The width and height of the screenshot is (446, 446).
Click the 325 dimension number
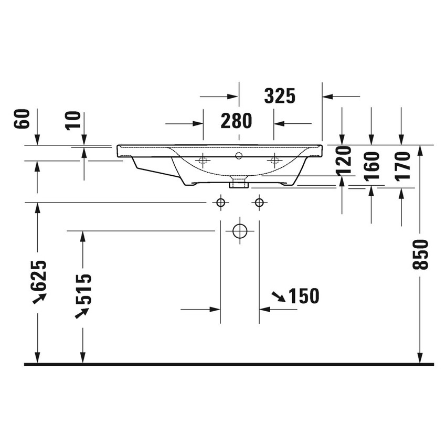click(280, 96)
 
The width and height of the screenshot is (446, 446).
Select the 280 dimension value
click(236, 121)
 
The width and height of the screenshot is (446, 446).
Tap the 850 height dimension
click(421, 254)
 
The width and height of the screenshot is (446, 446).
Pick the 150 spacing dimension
click(303, 296)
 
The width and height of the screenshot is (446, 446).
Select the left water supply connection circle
click(220, 203)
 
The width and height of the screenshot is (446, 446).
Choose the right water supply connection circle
click(259, 203)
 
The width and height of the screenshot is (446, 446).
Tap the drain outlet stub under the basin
click(239, 183)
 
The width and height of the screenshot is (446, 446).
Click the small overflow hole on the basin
click(239, 155)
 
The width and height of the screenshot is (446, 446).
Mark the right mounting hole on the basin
click(273, 160)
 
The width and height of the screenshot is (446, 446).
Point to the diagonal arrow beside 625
click(39, 299)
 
